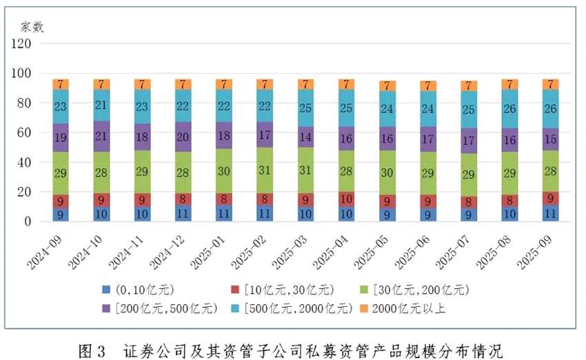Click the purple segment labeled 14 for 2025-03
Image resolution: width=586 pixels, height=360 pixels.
(x=305, y=136)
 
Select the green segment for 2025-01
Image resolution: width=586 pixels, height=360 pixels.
(x=224, y=171)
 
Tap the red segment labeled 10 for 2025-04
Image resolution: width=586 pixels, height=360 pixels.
(x=346, y=199)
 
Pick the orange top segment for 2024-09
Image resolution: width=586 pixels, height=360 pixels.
(x=61, y=84)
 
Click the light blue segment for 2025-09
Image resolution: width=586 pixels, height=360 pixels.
(x=549, y=108)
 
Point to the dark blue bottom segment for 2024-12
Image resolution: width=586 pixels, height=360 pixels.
(x=183, y=214)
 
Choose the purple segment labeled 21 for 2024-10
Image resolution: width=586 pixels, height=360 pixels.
(x=102, y=136)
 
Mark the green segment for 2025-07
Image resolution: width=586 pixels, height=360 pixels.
(x=468, y=174)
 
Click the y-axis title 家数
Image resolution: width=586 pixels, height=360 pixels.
(x=32, y=27)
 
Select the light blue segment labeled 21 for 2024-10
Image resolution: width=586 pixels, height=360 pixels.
(x=102, y=105)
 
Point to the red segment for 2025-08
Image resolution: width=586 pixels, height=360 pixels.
(x=509, y=201)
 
